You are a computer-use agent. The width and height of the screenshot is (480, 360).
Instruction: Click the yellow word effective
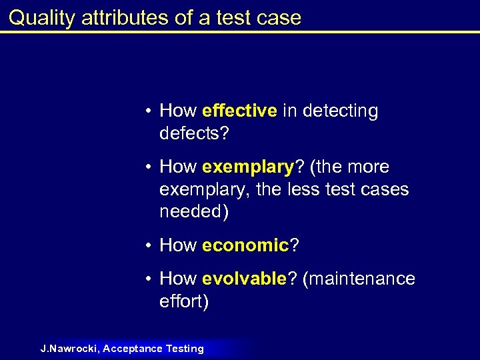point(239,111)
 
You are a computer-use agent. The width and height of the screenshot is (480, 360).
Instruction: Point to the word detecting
point(340,111)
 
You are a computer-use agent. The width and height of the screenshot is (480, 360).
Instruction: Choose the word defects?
point(194,133)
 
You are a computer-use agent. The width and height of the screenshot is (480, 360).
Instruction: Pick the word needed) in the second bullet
point(193,211)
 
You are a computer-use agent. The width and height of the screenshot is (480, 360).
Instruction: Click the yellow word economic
point(245,245)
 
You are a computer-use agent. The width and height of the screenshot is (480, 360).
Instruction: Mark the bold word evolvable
point(244,279)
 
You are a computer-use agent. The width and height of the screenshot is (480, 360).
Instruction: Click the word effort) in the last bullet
point(184,301)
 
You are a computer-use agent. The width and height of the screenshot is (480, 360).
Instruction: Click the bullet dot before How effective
point(151,111)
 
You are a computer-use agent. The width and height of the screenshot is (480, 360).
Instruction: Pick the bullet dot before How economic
point(151,246)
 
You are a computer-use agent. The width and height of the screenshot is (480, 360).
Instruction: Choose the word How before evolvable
point(178,279)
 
